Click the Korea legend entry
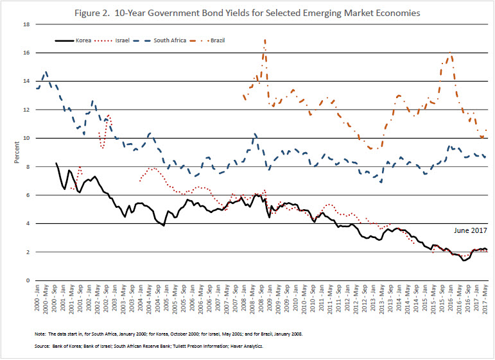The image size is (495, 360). [89, 40]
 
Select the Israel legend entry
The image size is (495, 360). [123, 40]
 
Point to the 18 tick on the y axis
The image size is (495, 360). [28, 24]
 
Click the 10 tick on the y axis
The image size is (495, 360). [28, 138]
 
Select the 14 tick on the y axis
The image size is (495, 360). [28, 81]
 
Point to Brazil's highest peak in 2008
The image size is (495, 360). [265, 40]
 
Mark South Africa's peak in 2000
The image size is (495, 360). [46, 72]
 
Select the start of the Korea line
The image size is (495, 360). [56, 163]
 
